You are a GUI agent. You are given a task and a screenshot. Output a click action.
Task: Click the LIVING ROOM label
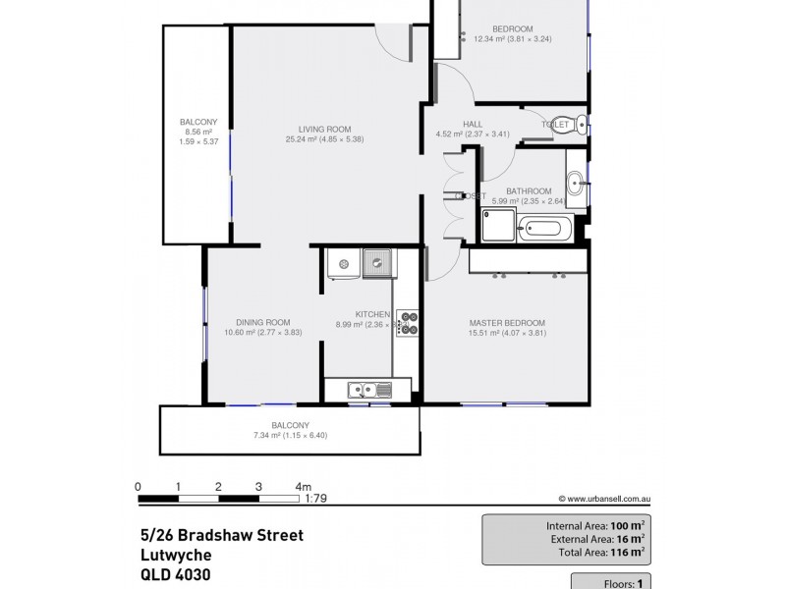325,129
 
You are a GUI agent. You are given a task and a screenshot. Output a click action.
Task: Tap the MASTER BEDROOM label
507,323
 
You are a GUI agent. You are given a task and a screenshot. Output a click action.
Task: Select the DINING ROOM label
262,322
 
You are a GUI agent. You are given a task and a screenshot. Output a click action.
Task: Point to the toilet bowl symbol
582,125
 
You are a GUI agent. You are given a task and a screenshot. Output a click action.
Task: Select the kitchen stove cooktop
407,324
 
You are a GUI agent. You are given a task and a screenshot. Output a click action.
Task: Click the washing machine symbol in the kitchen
344,263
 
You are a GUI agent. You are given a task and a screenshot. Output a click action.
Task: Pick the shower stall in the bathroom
495,229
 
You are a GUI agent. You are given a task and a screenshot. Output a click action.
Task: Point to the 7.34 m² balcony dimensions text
290,435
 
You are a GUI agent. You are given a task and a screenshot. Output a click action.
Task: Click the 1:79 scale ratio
316,499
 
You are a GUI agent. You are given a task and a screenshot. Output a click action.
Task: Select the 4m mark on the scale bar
303,486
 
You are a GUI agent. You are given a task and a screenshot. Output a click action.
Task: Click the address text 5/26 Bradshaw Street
221,535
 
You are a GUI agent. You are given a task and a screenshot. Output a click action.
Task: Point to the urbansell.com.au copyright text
605,499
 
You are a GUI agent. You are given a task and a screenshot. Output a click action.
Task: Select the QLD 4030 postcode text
175,575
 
